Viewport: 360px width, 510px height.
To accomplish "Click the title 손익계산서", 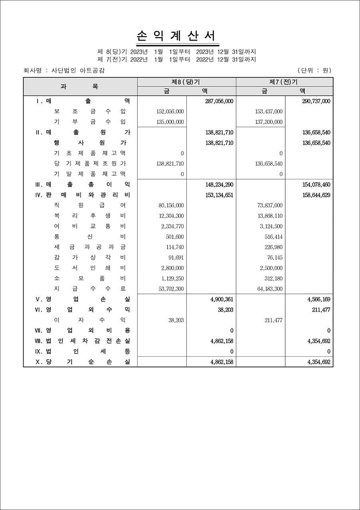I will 178,36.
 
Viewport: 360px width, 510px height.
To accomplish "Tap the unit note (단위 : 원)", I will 314,70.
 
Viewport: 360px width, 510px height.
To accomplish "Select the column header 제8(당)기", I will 186,82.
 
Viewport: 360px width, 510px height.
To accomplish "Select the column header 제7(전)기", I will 284,82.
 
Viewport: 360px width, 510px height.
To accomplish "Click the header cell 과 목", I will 80,86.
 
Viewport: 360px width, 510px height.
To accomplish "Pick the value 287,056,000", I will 219,101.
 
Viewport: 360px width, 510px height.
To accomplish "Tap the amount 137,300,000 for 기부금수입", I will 268,122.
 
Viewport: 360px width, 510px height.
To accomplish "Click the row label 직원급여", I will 90,205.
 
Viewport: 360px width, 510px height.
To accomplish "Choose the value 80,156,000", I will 171,205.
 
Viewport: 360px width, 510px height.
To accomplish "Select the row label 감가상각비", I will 90,257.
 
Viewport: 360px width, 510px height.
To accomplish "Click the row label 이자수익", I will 90,320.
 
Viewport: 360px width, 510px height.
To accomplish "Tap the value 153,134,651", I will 219,195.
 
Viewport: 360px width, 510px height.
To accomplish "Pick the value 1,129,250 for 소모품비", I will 172,278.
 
